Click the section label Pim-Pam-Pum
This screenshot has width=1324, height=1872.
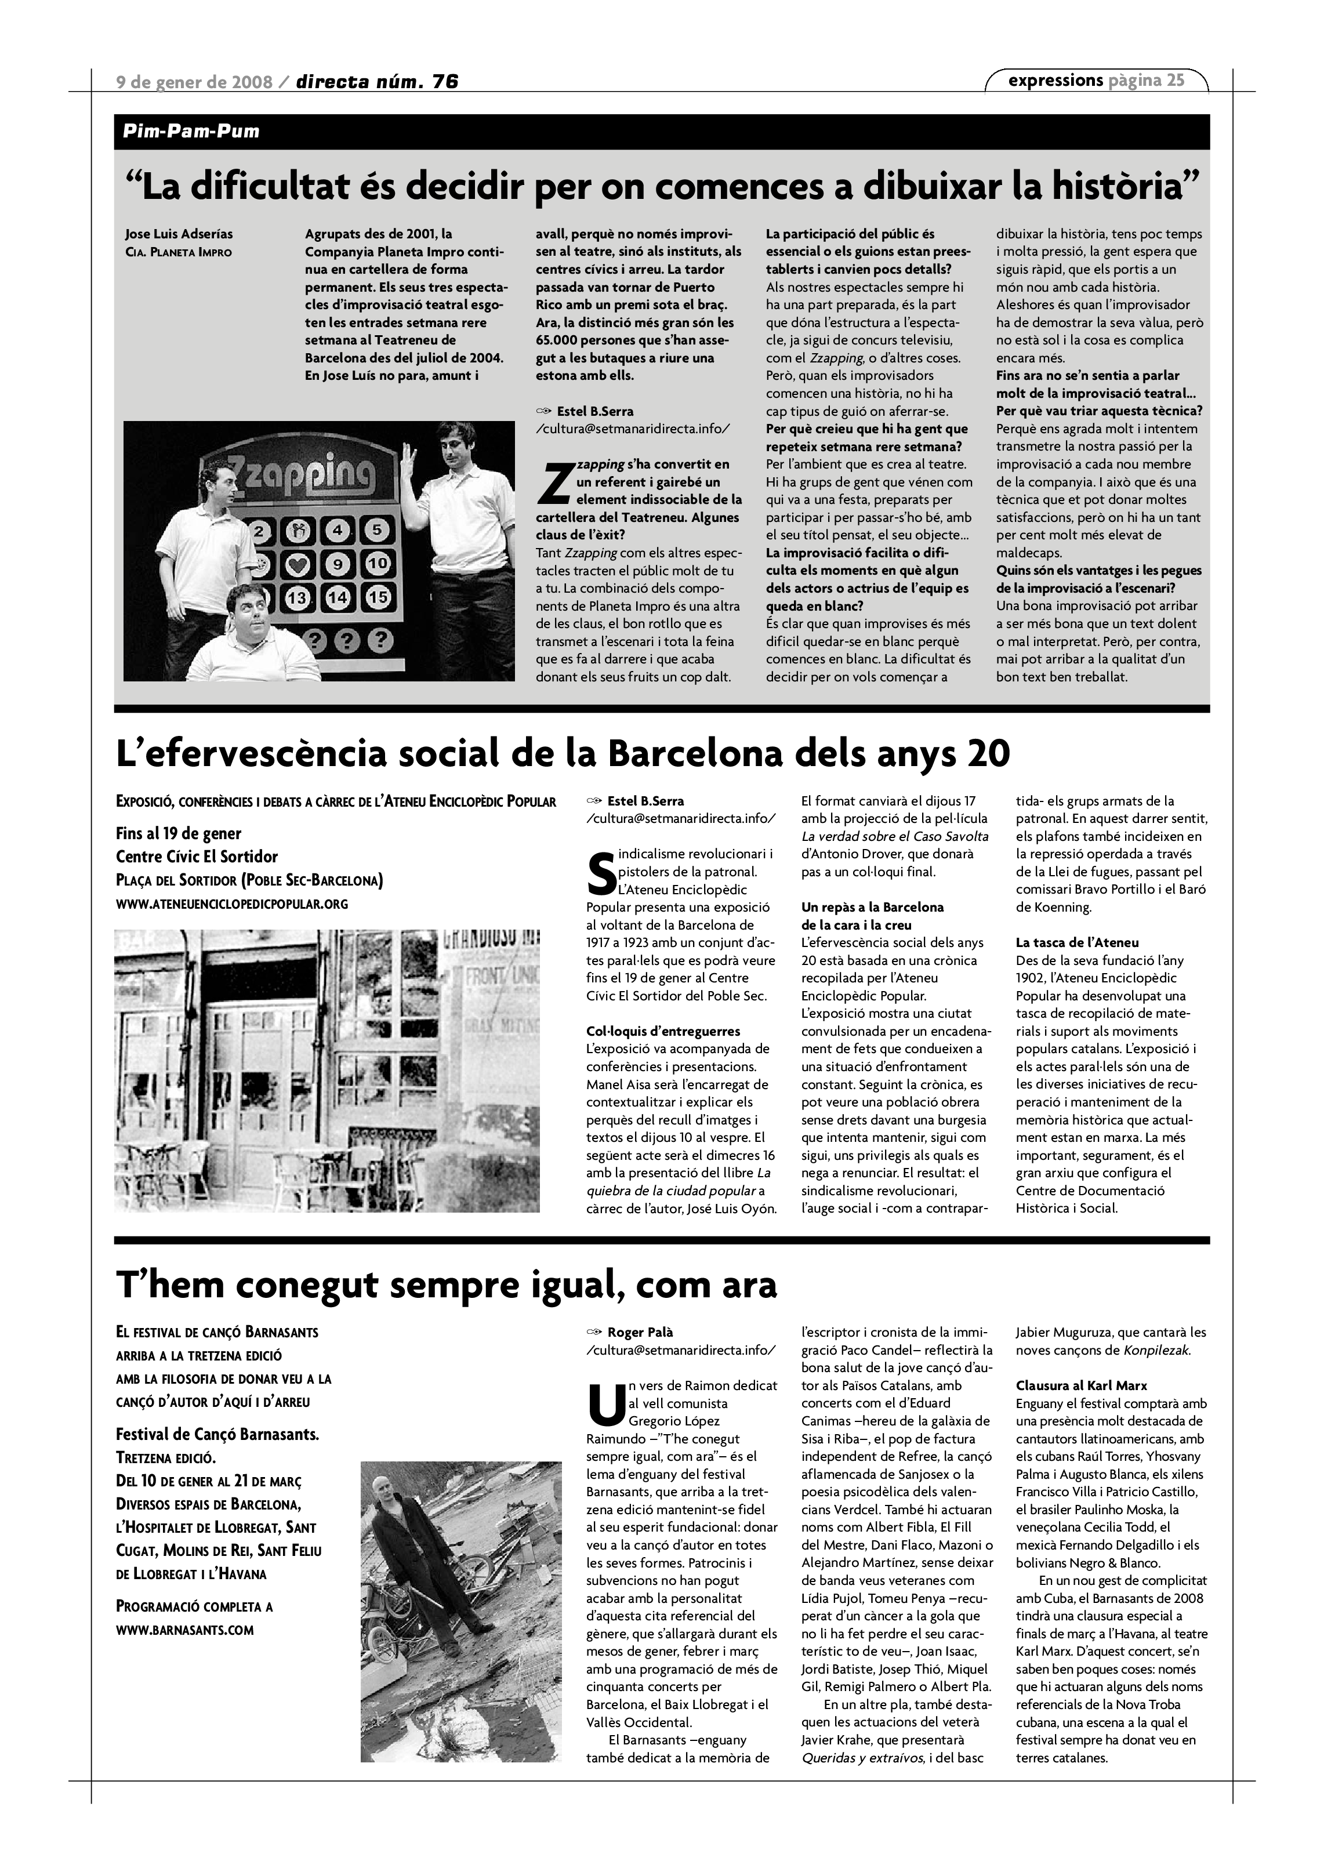click(191, 131)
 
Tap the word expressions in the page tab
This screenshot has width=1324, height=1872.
click(1055, 80)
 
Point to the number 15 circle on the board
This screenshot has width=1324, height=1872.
click(378, 597)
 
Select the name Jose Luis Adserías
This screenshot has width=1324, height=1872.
click(179, 235)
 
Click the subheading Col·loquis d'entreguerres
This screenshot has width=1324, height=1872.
click(663, 1031)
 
